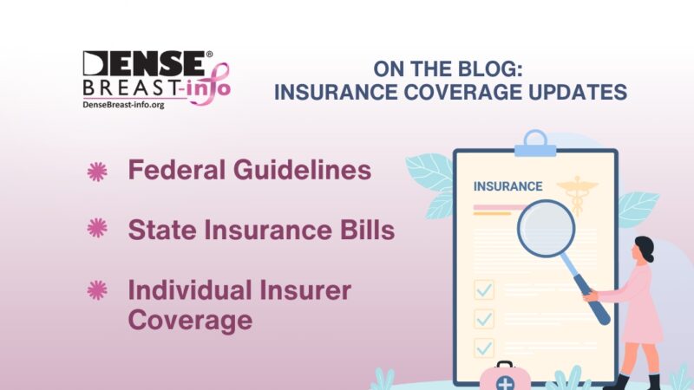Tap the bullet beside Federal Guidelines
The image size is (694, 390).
[97, 172]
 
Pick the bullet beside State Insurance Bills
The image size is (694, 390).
[97, 229]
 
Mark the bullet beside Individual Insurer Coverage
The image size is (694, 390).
[97, 289]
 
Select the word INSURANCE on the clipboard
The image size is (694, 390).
[507, 186]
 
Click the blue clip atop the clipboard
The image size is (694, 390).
[535, 144]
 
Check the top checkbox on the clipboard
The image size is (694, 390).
[484, 289]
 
